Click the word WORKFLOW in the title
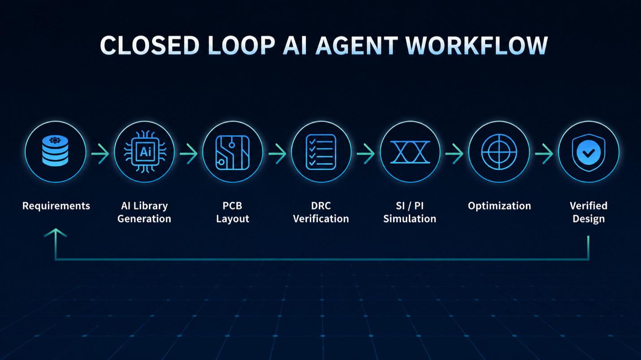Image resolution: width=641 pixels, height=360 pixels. tap(477, 46)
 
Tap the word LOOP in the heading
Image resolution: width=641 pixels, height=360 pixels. tap(241, 46)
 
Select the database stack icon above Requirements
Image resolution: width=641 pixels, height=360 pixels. tap(55, 151)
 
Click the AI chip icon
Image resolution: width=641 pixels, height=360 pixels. tap(145, 152)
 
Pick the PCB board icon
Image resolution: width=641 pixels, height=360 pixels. tap(232, 153)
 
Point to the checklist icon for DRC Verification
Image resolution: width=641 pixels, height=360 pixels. tap(321, 152)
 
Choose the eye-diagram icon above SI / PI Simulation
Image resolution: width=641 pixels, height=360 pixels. tap(410, 152)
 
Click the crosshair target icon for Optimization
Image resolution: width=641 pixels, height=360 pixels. tap(499, 152)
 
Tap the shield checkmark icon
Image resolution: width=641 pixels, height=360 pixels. tap(588, 152)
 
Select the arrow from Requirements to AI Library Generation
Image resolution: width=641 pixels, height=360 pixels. tap(100, 154)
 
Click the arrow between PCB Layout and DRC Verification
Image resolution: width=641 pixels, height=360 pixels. tap(277, 154)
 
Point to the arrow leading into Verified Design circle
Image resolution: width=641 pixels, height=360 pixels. tap(544, 154)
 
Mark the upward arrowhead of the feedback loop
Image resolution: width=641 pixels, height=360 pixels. tap(56, 233)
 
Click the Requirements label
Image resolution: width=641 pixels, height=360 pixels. tap(56, 206)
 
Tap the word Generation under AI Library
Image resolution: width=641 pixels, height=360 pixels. tap(144, 219)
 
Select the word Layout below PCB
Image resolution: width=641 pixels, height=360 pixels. tap(232, 219)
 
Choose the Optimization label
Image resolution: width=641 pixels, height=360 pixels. tap(499, 206)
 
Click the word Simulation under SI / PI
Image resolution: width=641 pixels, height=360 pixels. tap(410, 219)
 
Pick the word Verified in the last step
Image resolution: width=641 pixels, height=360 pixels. tap(588, 206)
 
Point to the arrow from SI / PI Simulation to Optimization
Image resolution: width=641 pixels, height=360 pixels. tap(454, 154)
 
